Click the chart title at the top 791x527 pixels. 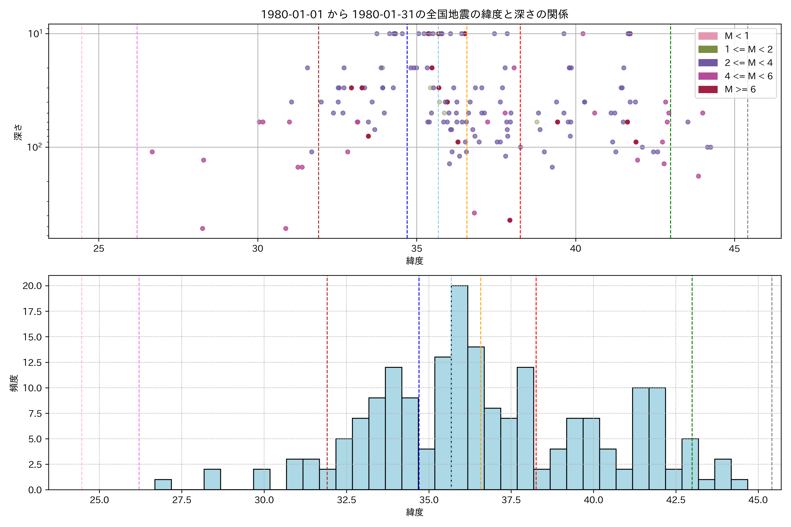[414, 14]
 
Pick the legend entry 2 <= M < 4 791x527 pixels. [748, 63]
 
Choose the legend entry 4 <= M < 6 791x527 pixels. [748, 76]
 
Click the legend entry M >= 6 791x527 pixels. [740, 89]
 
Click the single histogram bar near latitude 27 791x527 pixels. [163, 484]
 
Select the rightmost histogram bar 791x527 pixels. [739, 484]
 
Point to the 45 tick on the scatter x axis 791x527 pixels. [735, 249]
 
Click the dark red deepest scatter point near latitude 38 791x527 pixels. [510, 220]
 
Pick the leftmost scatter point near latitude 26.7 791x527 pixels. [152, 152]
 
